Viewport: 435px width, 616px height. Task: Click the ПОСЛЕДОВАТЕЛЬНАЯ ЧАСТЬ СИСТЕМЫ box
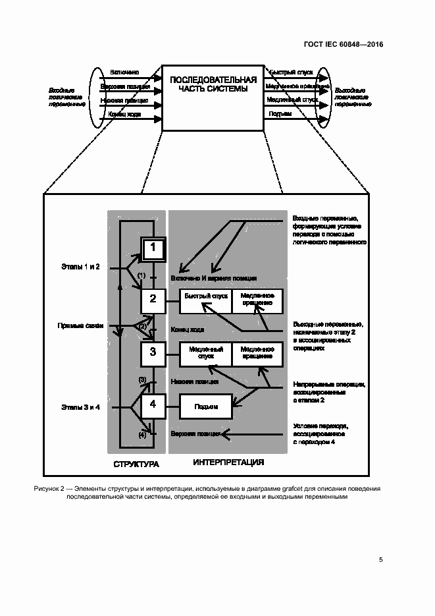point(213,97)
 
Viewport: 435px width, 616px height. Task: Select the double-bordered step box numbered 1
point(153,248)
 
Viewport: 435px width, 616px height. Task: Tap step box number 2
point(153,300)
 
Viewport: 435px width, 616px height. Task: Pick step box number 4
point(153,405)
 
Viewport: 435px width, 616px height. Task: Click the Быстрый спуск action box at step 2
point(206,300)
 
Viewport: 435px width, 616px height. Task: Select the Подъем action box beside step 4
point(206,406)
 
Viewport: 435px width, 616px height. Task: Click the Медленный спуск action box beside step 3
point(206,353)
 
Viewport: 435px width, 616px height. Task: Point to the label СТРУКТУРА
point(136,464)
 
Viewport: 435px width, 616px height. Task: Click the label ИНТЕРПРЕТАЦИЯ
point(228,462)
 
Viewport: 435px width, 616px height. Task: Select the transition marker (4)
point(141,435)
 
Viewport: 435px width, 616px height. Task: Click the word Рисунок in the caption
point(45,489)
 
